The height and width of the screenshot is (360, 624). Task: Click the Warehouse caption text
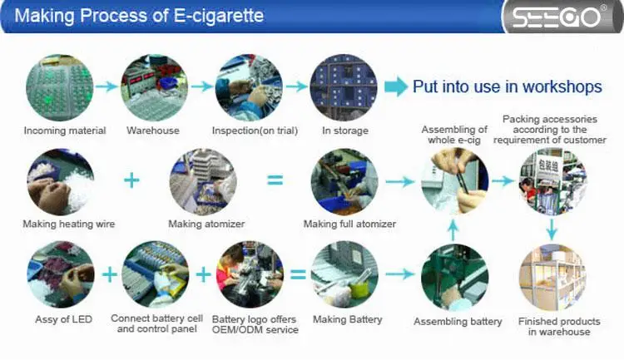pos(153,131)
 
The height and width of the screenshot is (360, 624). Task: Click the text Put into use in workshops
pos(507,87)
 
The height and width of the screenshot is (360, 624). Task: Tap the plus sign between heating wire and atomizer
pos(131,180)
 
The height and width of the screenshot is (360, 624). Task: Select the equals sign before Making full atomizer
pos(275,180)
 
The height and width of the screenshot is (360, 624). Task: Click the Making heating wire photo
pos(60,182)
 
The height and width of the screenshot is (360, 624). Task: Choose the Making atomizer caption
pos(203,224)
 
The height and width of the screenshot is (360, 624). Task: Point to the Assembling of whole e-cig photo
pos(454,180)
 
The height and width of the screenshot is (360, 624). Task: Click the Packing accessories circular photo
pos(552,180)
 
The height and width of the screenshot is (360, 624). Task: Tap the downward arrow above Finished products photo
pos(552,228)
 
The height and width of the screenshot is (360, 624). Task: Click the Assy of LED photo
pos(60,274)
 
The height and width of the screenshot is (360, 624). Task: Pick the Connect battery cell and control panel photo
pos(156,274)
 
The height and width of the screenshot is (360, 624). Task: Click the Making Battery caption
pos(348,319)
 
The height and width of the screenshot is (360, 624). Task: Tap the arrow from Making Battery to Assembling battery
pos(398,274)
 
